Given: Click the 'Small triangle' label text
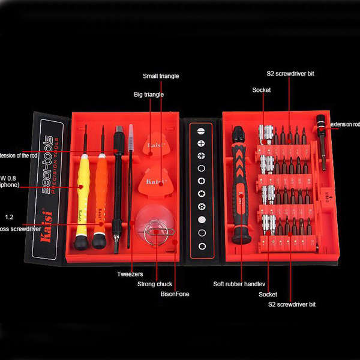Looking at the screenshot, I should click(x=161, y=76).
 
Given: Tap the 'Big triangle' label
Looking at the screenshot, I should click(x=148, y=95).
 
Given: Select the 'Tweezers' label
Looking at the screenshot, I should click(x=130, y=274).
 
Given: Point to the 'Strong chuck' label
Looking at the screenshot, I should click(x=155, y=284).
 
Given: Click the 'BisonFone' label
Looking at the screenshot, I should click(x=174, y=294).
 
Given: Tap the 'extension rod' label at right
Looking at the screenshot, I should click(x=345, y=124).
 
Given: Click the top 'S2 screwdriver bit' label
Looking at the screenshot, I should click(x=290, y=74).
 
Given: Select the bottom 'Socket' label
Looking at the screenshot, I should click(x=268, y=294).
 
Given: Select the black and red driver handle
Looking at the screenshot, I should click(x=240, y=186).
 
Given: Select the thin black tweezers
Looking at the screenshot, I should click(x=130, y=192).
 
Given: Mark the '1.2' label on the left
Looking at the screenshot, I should click(x=9, y=217).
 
